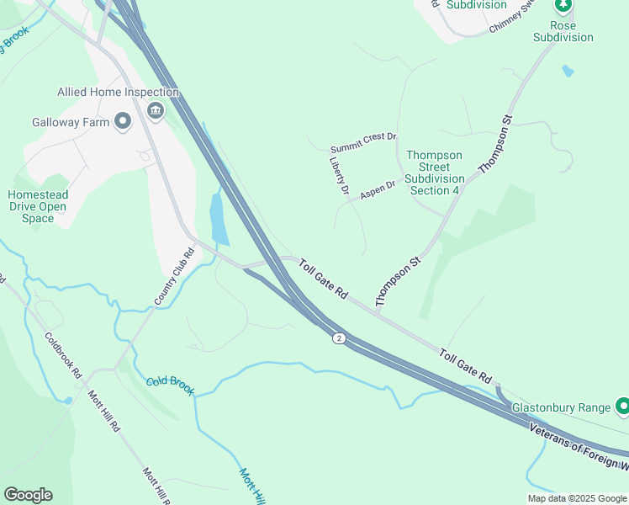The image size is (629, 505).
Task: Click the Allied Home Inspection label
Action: click(118, 92)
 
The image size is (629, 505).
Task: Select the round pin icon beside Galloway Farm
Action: click(123, 122)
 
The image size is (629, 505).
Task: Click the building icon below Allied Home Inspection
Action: click(155, 111)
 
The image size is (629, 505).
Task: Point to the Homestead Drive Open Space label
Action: click(37, 206)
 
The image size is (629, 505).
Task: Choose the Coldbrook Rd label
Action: click(63, 355)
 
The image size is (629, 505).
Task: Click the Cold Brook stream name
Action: click(170, 385)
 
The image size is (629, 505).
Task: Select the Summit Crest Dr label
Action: click(363, 136)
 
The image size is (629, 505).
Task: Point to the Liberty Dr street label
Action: click(339, 177)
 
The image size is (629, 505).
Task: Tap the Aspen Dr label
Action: click(378, 189)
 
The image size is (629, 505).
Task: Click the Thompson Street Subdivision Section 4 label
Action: click(434, 173)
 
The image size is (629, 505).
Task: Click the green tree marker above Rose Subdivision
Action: click(563, 6)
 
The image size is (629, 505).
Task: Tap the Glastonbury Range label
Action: click(561, 407)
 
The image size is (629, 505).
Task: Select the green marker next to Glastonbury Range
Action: click(622, 407)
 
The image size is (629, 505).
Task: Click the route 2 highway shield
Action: click(338, 338)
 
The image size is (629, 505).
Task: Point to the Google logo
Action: click(28, 495)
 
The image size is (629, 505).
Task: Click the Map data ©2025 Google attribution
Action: click(577, 498)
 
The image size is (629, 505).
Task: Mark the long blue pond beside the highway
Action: click(218, 219)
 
